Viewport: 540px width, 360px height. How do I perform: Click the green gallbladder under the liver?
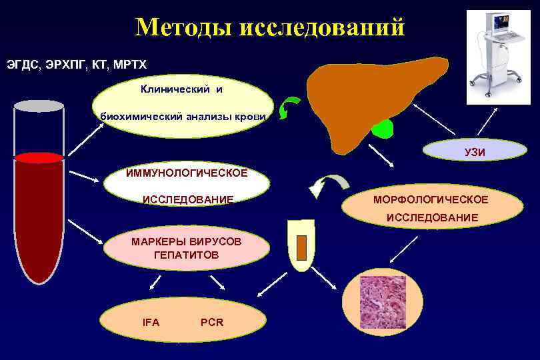383,129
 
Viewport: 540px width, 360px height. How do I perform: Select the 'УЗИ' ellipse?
475,152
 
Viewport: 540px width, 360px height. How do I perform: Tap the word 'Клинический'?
173,89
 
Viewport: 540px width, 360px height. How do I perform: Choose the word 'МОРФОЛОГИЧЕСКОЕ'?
431,199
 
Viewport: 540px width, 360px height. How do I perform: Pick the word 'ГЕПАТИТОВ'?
186,255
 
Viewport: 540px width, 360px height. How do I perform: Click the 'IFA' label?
151,322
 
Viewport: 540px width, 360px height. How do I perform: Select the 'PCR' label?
212,322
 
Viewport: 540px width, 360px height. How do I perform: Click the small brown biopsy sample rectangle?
301,247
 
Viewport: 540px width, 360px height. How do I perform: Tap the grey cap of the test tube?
39,106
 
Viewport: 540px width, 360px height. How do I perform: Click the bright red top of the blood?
39,158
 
